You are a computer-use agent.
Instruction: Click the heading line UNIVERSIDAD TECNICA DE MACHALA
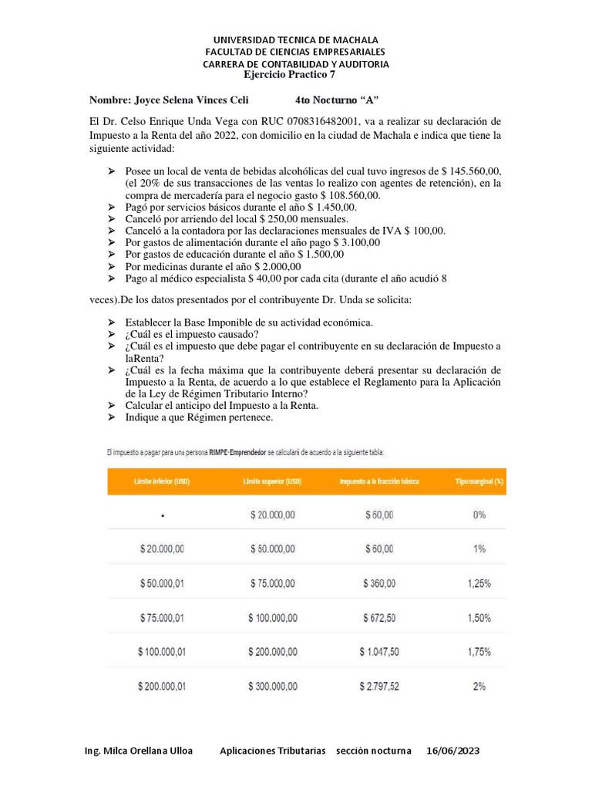click(295, 39)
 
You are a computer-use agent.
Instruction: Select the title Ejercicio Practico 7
click(289, 75)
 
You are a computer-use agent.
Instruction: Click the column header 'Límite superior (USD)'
click(273, 481)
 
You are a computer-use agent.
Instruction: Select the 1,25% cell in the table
click(479, 584)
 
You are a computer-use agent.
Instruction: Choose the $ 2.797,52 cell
click(378, 686)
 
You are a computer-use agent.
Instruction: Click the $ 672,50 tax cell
click(378, 618)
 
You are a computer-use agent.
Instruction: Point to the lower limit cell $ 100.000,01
click(162, 652)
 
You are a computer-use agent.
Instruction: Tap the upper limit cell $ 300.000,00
click(273, 686)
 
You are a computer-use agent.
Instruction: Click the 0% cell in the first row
click(479, 515)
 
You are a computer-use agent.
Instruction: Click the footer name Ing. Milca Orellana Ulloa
click(139, 751)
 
